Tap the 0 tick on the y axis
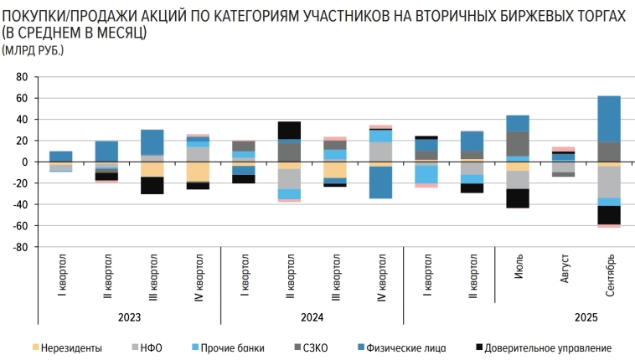pyautogui.click(x=25, y=162)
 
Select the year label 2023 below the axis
pyautogui.click(x=128, y=318)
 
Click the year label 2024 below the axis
pyautogui.click(x=312, y=318)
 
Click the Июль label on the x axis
pyautogui.click(x=518, y=273)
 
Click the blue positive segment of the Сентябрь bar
pyautogui.click(x=609, y=118)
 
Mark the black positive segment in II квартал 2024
pyautogui.click(x=289, y=130)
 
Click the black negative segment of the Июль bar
pyautogui.click(x=518, y=198)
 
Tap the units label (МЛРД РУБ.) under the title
pyautogui.click(x=33, y=51)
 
